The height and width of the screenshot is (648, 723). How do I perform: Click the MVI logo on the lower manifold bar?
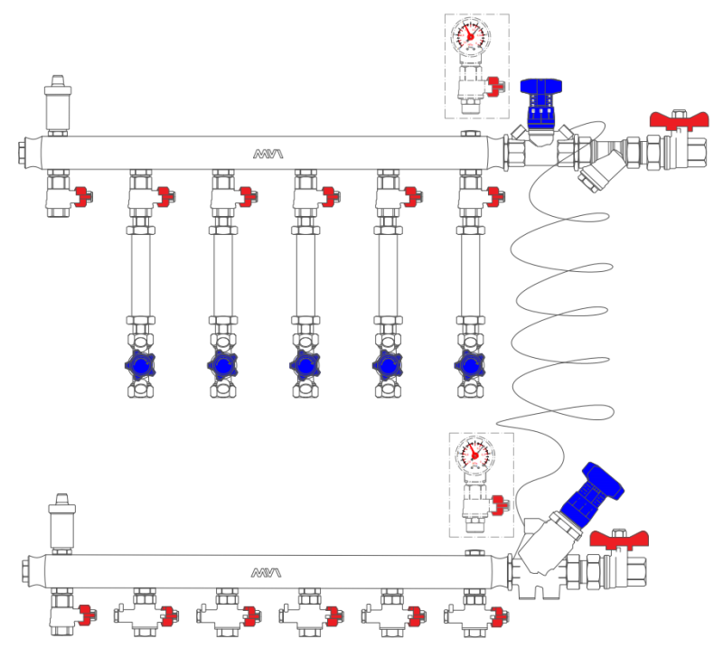click(268, 572)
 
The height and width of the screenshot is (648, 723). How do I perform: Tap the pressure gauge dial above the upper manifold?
click(470, 36)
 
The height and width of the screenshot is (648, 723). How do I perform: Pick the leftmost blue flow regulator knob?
click(140, 366)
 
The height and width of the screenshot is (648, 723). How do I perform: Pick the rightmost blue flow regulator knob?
click(468, 366)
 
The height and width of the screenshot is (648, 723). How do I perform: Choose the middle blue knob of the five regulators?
click(304, 366)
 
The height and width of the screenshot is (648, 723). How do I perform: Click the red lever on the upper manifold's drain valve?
click(84, 194)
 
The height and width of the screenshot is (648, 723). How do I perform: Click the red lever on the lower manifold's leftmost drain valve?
click(85, 615)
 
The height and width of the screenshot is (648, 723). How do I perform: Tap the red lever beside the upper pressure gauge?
click(495, 87)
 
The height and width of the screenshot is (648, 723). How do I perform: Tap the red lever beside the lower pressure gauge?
click(499, 502)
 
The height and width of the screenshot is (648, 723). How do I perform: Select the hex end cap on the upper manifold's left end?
click(22, 153)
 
